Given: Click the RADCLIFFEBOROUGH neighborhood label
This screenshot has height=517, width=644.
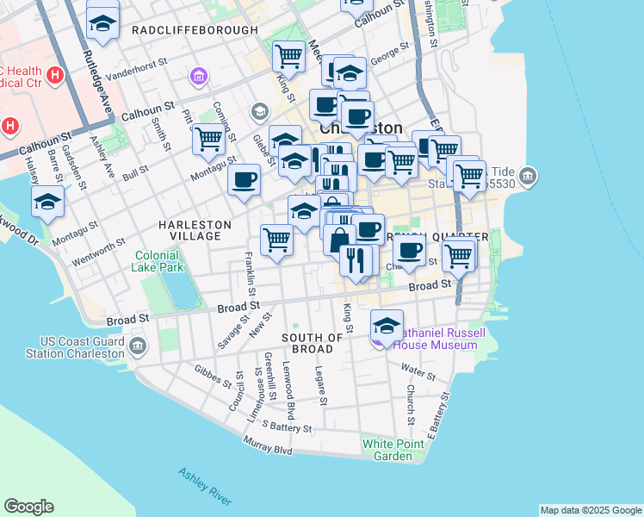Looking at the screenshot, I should pyautogui.click(x=195, y=30).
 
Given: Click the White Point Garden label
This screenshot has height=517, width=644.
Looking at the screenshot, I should pyautogui.click(x=387, y=450).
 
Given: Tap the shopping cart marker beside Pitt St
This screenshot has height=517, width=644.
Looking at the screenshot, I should pyautogui.click(x=208, y=138).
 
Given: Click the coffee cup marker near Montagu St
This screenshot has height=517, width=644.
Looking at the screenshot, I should pyautogui.click(x=244, y=179).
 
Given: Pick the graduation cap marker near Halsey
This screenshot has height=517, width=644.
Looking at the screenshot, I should pyautogui.click(x=47, y=201).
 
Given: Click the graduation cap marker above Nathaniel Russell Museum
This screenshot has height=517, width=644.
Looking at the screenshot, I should pyautogui.click(x=387, y=325).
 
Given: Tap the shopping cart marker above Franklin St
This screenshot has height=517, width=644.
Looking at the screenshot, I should pyautogui.click(x=276, y=238).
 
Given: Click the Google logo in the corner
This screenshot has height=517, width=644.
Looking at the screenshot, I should pyautogui.click(x=28, y=507).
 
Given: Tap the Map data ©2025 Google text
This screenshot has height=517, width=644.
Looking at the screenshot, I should pyautogui.click(x=590, y=510).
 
